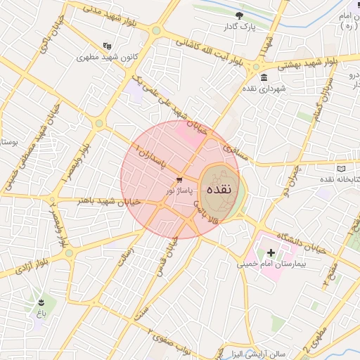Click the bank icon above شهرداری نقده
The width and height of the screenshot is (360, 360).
tap(264, 77)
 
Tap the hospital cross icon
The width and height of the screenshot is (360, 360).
tap(271, 251)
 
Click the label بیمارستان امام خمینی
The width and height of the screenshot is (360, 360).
tap(262, 265)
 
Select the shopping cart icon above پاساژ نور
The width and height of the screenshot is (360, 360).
tap(181, 179)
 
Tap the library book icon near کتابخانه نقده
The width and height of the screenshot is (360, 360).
tap(342, 169)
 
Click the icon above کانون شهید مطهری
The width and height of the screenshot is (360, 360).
tap(107, 46)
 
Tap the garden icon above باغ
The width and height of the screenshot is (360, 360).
tap(42, 301)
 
